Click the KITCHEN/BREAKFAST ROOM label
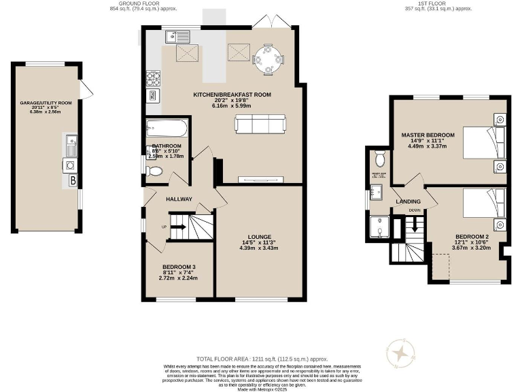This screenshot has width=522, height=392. pyautogui.click(x=222, y=94)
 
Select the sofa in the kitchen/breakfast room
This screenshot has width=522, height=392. pyautogui.click(x=260, y=125)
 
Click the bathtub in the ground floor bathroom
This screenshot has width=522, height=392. pyautogui.click(x=165, y=128)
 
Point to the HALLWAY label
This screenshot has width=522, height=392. pyautogui.click(x=179, y=199)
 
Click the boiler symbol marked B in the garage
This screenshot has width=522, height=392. pyautogui.click(x=72, y=180)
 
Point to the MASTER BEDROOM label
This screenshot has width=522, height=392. pyautogui.click(x=428, y=135)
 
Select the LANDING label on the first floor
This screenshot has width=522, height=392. pyautogui.click(x=409, y=201)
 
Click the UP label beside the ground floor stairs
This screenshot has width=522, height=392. pyautogui.click(x=163, y=227)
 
